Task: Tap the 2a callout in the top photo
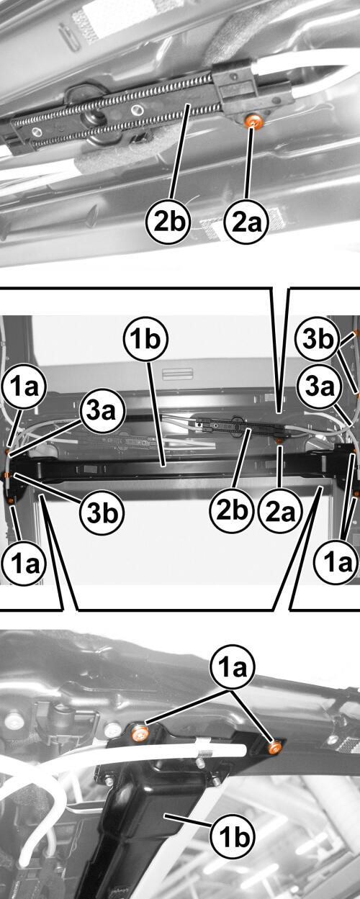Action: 246,222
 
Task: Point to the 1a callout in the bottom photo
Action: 233,668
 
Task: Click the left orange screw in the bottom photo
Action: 140,733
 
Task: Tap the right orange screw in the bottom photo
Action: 275,746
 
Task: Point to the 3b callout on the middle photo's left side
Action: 102,512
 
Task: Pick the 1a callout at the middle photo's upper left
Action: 24,387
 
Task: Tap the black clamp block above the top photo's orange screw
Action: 234,86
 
